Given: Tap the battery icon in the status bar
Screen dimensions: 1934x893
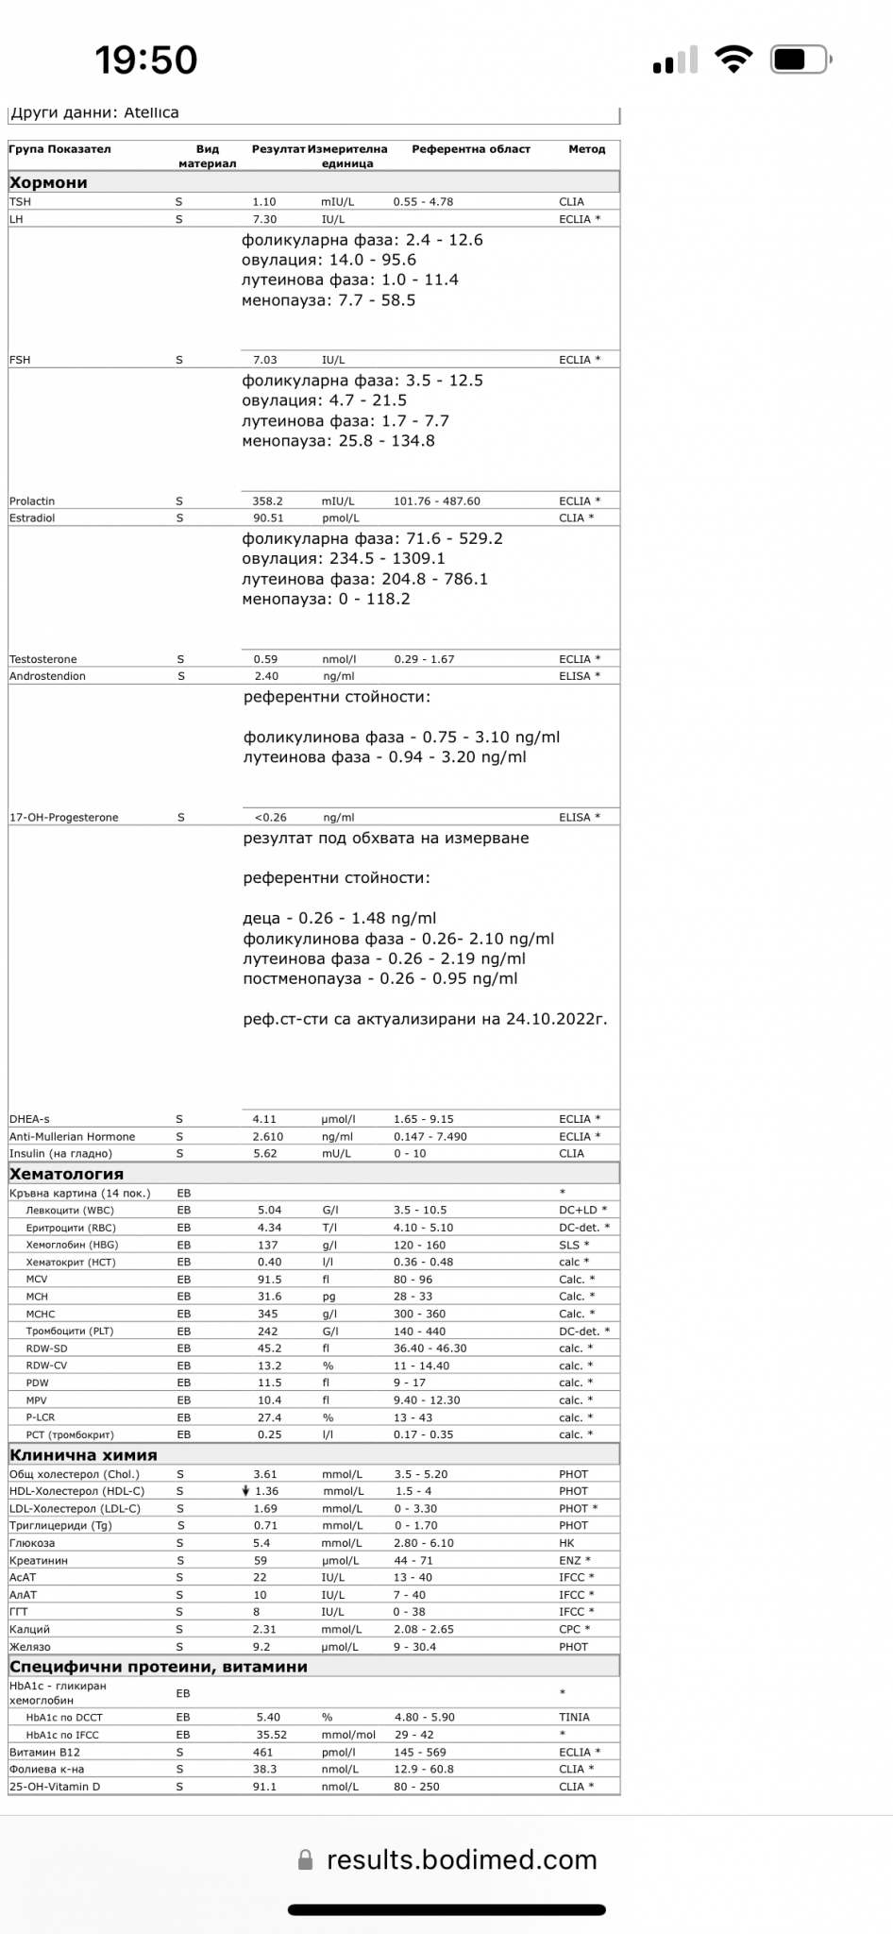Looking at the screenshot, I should pyautogui.click(x=800, y=60).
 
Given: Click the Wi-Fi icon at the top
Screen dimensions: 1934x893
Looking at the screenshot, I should pyautogui.click(x=733, y=59).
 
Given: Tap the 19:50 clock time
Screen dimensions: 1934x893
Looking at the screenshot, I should pyautogui.click(x=146, y=60).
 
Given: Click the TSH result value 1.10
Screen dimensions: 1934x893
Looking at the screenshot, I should pyautogui.click(x=264, y=202).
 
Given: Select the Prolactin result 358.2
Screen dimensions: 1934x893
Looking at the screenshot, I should pyautogui.click(x=267, y=501).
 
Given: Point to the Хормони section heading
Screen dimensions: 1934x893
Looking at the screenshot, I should pyautogui.click(x=48, y=183).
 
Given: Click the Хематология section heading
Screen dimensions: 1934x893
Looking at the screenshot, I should pyautogui.click(x=66, y=1174).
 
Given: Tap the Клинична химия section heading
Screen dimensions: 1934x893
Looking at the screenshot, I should pyautogui.click(x=83, y=1455).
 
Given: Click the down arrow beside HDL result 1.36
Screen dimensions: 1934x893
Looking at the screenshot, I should pyautogui.click(x=245, y=1491).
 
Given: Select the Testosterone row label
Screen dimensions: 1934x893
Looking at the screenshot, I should pyautogui.click(x=43, y=659).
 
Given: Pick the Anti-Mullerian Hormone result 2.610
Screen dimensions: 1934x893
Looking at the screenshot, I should pyautogui.click(x=267, y=1137).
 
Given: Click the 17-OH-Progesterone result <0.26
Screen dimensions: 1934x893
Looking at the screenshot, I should pyautogui.click(x=271, y=818).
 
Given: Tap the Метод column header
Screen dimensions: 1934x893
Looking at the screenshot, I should pyautogui.click(x=586, y=149).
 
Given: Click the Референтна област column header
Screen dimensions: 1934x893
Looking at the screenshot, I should pyautogui.click(x=471, y=149).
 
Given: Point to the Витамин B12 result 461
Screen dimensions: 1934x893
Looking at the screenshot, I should pyautogui.click(x=263, y=1753).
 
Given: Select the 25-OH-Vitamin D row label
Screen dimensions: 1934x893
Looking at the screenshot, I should pyautogui.click(x=55, y=1787).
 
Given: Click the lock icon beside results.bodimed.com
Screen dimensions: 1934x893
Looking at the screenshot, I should pyautogui.click(x=305, y=1860).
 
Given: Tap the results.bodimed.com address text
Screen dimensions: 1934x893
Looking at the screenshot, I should pyautogui.click(x=462, y=1860).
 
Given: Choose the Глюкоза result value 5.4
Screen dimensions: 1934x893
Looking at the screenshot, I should pyautogui.click(x=261, y=1543).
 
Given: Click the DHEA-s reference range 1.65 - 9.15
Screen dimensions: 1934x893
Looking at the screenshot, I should pyautogui.click(x=424, y=1119).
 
